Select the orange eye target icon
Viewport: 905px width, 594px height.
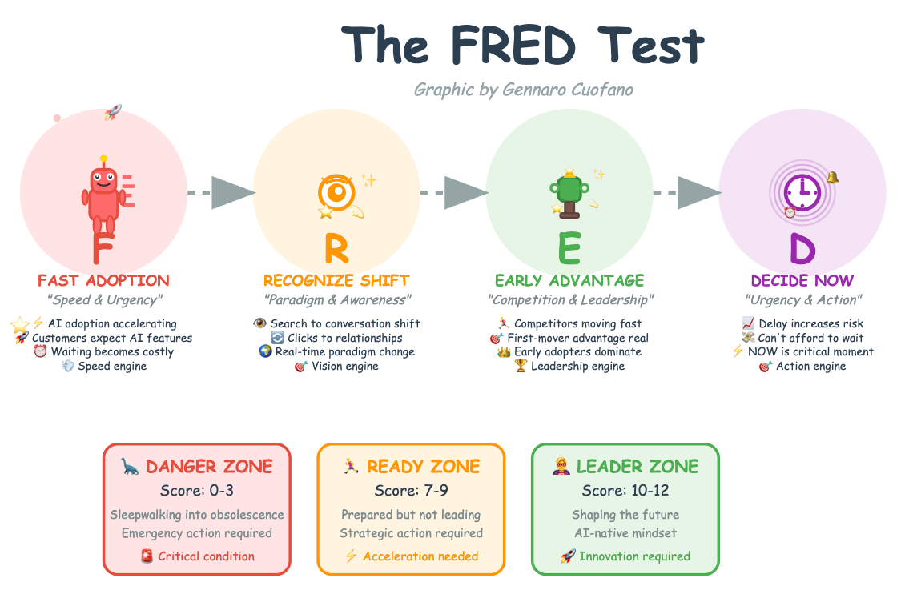(336, 192)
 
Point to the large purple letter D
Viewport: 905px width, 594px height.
(802, 248)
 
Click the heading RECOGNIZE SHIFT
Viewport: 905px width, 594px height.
(336, 280)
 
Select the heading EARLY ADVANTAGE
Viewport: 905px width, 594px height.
(569, 280)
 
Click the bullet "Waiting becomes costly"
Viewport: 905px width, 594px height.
(111, 351)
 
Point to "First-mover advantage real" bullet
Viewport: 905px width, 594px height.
(577, 338)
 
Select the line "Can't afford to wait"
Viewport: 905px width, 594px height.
(810, 338)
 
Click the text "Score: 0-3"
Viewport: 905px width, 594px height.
(196, 490)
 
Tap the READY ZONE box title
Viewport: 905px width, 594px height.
(423, 466)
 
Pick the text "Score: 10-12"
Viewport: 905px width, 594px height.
(625, 490)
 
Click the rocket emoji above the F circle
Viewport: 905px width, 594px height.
(112, 113)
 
